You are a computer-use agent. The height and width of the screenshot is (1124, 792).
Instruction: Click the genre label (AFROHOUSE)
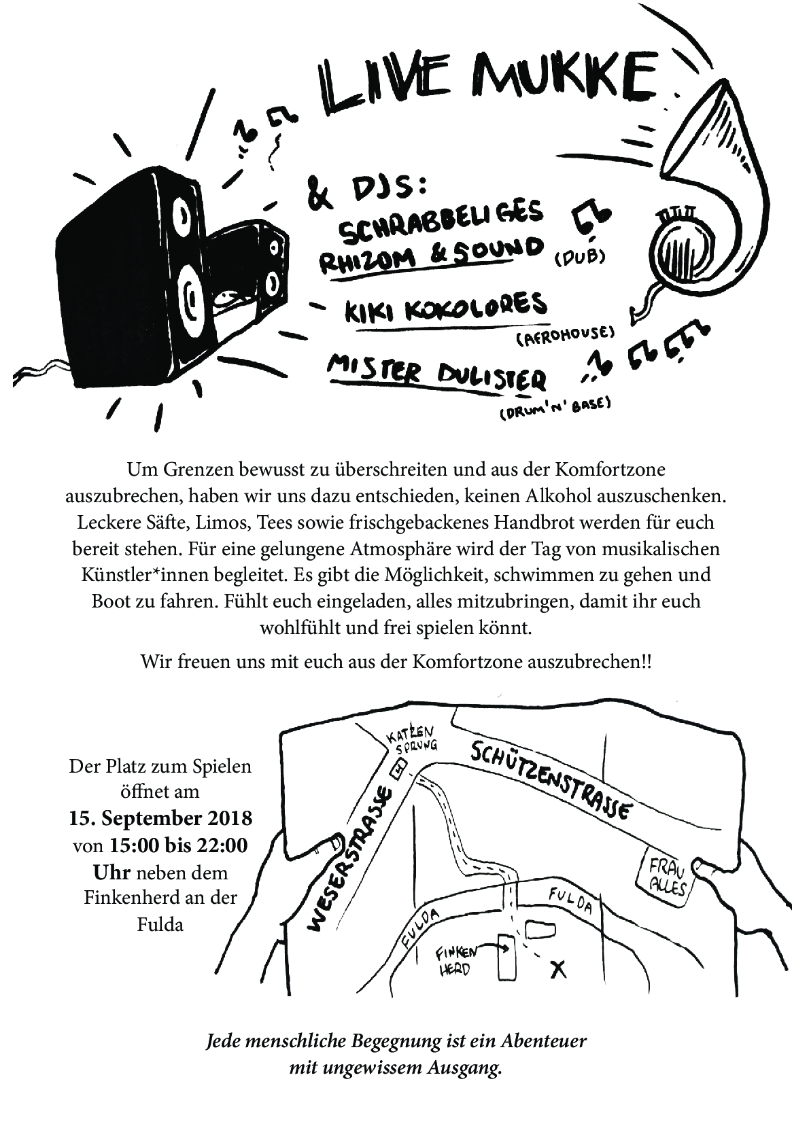(x=566, y=335)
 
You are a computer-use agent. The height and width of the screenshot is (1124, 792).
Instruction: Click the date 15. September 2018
(x=160, y=818)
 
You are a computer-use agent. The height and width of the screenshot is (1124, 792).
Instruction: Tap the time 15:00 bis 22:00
(x=179, y=845)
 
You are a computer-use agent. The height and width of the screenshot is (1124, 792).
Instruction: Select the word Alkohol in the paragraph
(x=557, y=496)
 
